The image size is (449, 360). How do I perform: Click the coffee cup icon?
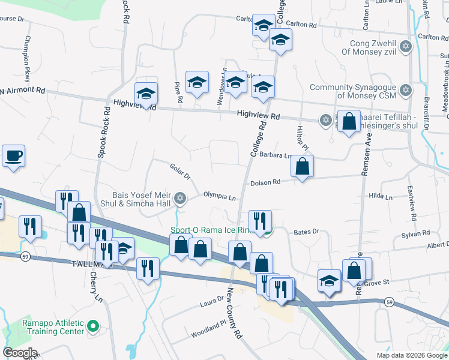(13, 156)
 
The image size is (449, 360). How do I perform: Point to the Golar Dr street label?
(179, 172)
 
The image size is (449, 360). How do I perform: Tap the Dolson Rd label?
(265, 182)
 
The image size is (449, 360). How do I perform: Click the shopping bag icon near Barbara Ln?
(303, 167)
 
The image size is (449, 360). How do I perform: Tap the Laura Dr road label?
(212, 305)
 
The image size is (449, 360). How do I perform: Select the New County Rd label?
(234, 312)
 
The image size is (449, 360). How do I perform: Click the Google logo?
(20, 353)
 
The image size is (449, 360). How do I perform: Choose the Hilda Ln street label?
(381, 196)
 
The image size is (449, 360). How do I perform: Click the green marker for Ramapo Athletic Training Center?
(92, 327)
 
